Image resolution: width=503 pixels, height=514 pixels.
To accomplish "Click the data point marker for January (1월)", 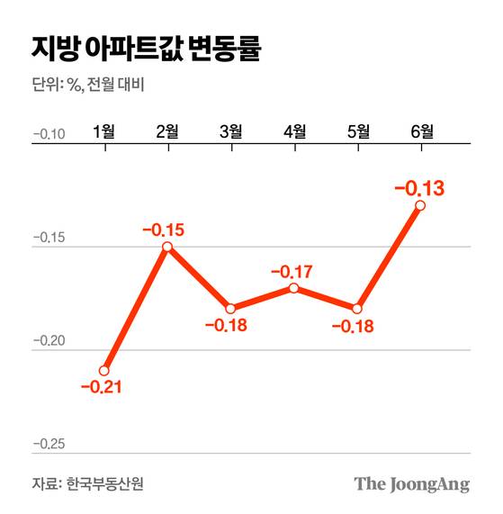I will (104, 370).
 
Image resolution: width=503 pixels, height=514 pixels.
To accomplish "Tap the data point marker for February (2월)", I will (167, 246).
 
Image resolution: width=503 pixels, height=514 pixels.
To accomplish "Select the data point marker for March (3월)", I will (231, 308).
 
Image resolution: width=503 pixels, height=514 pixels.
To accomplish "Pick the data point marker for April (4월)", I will (294, 288).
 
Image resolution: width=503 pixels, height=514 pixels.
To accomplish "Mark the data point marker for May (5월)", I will (358, 308).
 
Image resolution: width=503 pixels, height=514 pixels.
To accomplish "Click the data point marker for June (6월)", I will (421, 205).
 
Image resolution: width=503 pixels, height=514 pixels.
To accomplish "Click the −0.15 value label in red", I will (163, 230).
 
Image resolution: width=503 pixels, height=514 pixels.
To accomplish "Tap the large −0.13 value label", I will (420, 188).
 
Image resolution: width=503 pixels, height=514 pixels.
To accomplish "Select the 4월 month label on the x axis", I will (294, 131).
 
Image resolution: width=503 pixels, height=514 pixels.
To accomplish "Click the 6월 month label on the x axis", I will (421, 131).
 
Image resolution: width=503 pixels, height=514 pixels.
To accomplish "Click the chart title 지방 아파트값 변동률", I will (146, 49).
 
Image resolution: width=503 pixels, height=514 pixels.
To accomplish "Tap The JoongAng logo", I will (411, 484).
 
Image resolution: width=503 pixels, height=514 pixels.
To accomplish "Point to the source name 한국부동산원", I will (104, 483).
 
